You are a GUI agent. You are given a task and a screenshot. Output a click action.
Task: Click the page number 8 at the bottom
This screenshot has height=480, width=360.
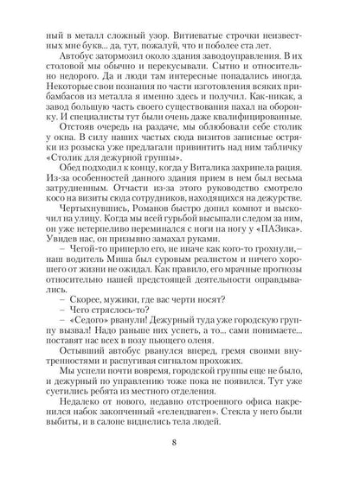pyautogui.click(x=180, y=445)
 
